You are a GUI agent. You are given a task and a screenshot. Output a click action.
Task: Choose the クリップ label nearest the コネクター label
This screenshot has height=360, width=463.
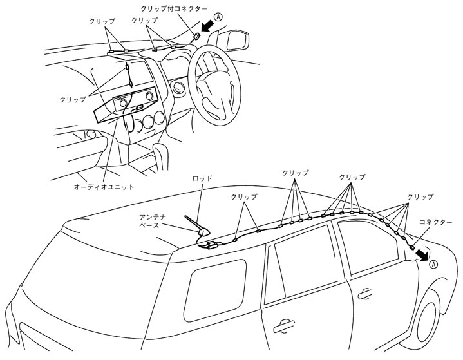click(x=419, y=196)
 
